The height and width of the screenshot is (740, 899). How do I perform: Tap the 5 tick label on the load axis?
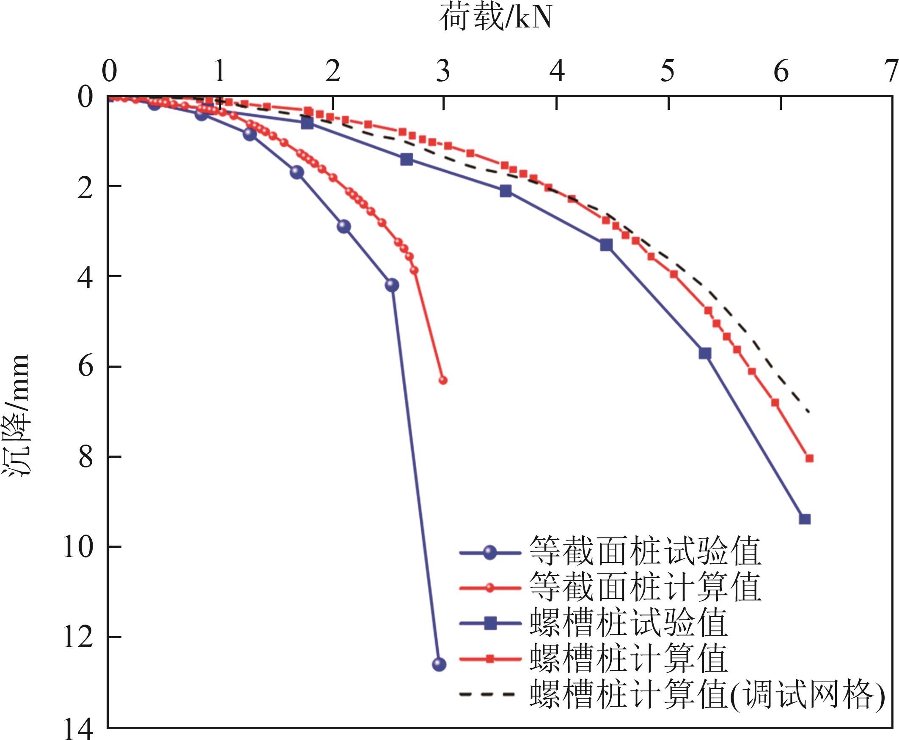[x=668, y=71]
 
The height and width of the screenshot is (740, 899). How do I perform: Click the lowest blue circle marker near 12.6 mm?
[x=439, y=664]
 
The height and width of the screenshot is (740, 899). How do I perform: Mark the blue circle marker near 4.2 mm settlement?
[x=392, y=285]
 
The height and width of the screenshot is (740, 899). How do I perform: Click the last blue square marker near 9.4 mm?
[x=804, y=519]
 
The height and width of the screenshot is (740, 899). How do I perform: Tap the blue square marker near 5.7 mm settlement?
[x=705, y=353]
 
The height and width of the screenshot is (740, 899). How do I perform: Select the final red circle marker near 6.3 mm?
[x=443, y=380]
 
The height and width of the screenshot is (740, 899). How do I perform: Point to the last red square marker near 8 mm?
[x=809, y=458]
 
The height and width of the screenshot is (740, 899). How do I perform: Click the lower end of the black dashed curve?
[x=808, y=412]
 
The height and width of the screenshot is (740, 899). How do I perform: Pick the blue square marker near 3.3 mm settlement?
[x=606, y=245]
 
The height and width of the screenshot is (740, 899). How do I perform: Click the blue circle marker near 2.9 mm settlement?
[x=344, y=227]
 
